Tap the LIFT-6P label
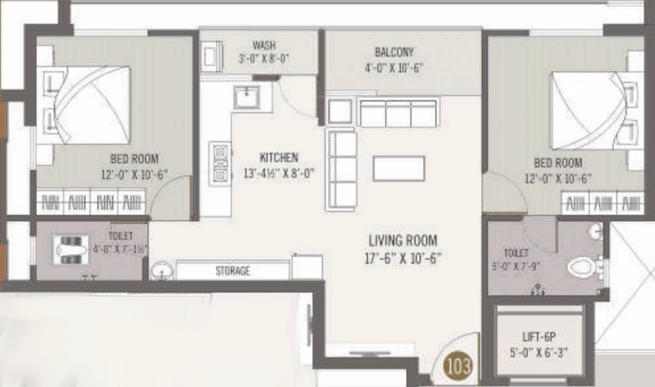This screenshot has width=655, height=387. (539, 337)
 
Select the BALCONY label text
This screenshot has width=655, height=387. (394, 52)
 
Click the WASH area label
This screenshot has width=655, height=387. (264, 46)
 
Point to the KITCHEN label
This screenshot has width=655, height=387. (279, 157)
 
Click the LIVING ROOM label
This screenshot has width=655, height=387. (403, 240)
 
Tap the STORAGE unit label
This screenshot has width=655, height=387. (233, 271)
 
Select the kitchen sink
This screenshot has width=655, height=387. (247, 97)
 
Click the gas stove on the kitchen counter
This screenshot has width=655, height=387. (221, 163)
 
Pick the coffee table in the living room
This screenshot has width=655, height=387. (399, 168)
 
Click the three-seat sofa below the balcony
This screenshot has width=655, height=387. (398, 113)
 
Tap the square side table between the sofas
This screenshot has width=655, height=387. (340, 111)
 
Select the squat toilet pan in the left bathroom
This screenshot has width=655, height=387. (71, 250)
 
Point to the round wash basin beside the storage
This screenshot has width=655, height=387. (161, 271)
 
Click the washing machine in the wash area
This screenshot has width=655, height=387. (211, 56)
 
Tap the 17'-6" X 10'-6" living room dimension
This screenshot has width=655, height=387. (403, 259)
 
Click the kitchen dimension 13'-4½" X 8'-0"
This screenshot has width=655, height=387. (279, 174)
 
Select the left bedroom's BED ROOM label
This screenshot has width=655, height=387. (134, 159)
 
